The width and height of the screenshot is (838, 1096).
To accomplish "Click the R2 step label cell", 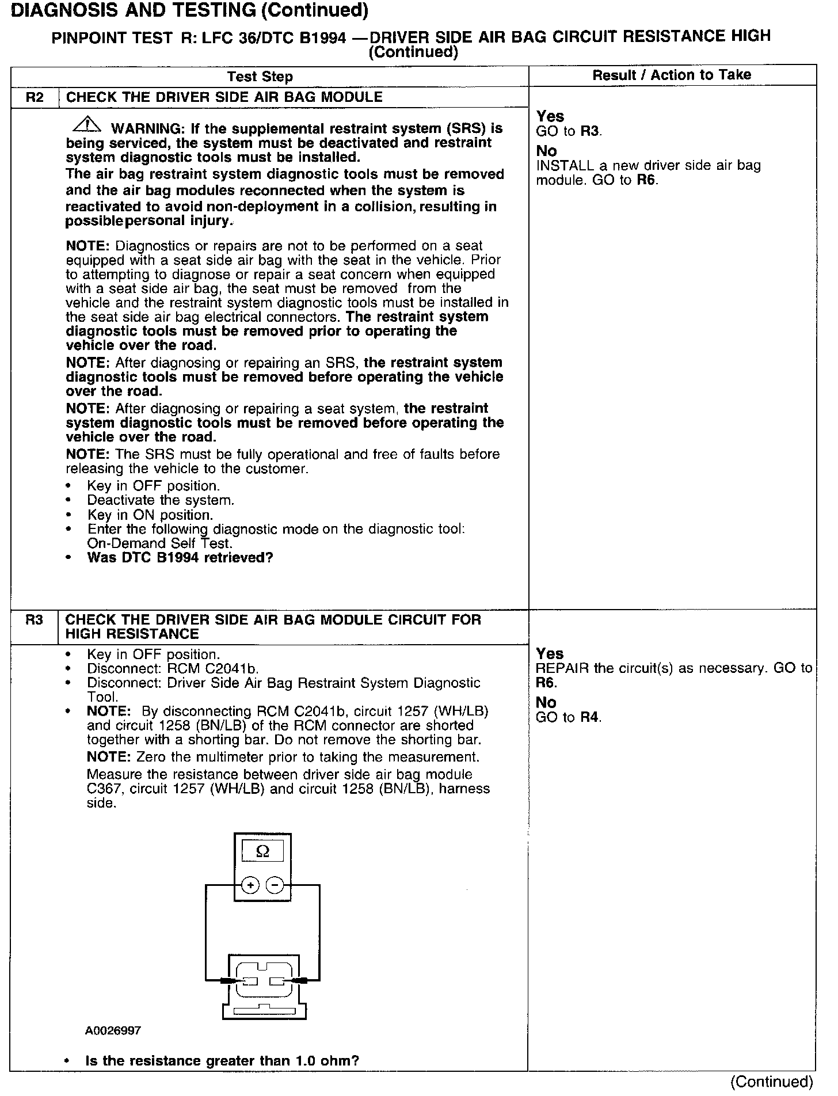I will coord(35,97).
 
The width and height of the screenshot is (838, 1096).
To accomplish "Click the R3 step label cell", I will coord(35,620).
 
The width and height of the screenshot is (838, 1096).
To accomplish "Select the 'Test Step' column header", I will coord(260,77).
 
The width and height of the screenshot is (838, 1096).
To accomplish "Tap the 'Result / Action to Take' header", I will coord(672,75).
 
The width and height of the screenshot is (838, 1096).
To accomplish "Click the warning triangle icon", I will coord(87,124).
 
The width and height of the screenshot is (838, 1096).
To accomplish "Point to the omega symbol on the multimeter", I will coord(262,851).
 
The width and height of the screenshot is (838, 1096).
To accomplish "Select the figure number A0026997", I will coord(113,1030).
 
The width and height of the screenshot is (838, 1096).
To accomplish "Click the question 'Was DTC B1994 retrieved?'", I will coord(180,557).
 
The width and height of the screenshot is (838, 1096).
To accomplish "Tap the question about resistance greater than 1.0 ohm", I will coord(222,1060).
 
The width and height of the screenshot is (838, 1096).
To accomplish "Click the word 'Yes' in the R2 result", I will coord(550,116).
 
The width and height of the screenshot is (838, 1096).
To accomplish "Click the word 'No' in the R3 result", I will coord(546,702).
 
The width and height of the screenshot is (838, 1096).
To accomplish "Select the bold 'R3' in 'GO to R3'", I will coord(590,131).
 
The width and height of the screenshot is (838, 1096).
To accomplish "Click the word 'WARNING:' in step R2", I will coord(145,128).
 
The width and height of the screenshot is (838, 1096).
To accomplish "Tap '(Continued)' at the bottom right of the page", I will coord(771,1082).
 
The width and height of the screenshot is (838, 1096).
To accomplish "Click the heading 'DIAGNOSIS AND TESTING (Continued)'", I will coord(189,10).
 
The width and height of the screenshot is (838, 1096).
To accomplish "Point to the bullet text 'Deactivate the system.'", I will coord(161,500).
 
